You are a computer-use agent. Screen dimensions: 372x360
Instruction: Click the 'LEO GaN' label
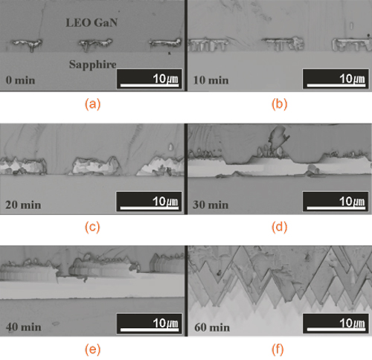(x=92, y=22)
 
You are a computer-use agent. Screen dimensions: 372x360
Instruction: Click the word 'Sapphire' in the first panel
(x=92, y=65)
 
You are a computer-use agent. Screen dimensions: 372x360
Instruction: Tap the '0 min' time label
(x=21, y=80)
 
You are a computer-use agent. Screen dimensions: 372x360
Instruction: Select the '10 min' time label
(x=211, y=80)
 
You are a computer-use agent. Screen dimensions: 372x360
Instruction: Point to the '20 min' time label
(x=23, y=205)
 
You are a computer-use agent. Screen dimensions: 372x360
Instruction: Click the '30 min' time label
(x=211, y=205)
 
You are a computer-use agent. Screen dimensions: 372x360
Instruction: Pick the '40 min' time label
(x=24, y=327)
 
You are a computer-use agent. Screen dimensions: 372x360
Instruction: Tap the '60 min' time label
(x=212, y=327)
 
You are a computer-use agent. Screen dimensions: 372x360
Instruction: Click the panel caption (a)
(x=92, y=104)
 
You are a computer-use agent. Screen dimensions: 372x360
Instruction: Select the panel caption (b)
(x=279, y=104)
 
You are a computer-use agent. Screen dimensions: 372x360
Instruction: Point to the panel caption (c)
(x=92, y=227)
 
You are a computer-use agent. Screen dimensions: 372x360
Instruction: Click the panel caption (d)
(x=279, y=227)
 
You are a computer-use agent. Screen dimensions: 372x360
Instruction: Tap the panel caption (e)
(x=92, y=350)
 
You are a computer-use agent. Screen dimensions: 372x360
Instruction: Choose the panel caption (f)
(x=278, y=350)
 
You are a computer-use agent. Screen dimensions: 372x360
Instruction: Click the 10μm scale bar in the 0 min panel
(x=150, y=86)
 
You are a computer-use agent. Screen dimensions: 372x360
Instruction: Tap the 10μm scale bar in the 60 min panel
(x=336, y=330)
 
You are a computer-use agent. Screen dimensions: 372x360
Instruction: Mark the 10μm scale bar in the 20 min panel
(x=150, y=208)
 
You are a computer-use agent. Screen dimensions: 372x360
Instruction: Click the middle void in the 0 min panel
(x=95, y=44)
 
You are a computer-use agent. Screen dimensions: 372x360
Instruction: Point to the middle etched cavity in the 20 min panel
(x=96, y=166)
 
